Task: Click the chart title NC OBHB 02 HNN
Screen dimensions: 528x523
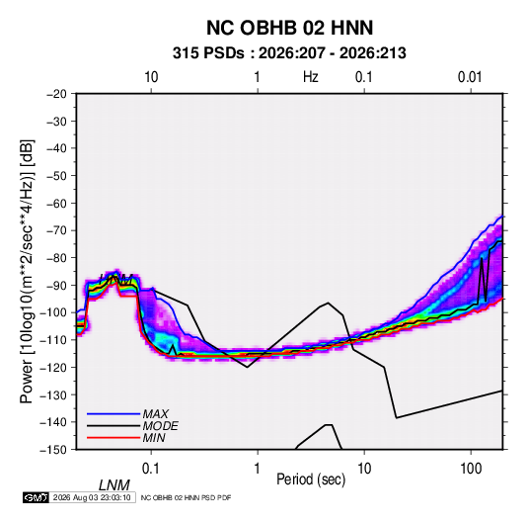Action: [x=289, y=28]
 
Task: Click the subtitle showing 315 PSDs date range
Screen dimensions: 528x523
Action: [x=289, y=53]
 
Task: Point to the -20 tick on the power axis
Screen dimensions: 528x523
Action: [x=56, y=94]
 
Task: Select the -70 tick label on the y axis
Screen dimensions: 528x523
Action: [x=56, y=230]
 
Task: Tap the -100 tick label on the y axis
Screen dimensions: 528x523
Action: [x=53, y=312]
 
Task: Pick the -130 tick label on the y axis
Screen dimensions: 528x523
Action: [x=53, y=394]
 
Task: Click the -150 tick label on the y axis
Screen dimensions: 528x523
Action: [x=53, y=450]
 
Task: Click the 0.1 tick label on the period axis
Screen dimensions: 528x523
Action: [x=151, y=469]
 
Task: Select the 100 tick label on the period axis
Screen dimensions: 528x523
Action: [x=471, y=469]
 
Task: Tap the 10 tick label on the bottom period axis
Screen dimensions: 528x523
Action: [x=364, y=469]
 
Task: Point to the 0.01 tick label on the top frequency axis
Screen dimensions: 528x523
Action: [x=470, y=77]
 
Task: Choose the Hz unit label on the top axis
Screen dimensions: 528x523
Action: [x=311, y=77]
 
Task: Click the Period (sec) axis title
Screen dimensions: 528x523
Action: [x=311, y=479]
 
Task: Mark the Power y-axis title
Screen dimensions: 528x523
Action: [x=27, y=272]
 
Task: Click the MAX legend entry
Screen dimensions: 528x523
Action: [x=155, y=413]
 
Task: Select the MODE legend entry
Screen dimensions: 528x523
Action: [x=160, y=426]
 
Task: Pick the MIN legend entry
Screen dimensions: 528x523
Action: [x=154, y=438]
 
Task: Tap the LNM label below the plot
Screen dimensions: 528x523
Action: [x=114, y=485]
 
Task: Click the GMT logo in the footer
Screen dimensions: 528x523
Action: [x=37, y=497]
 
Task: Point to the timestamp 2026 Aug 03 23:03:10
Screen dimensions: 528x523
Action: [x=92, y=497]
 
